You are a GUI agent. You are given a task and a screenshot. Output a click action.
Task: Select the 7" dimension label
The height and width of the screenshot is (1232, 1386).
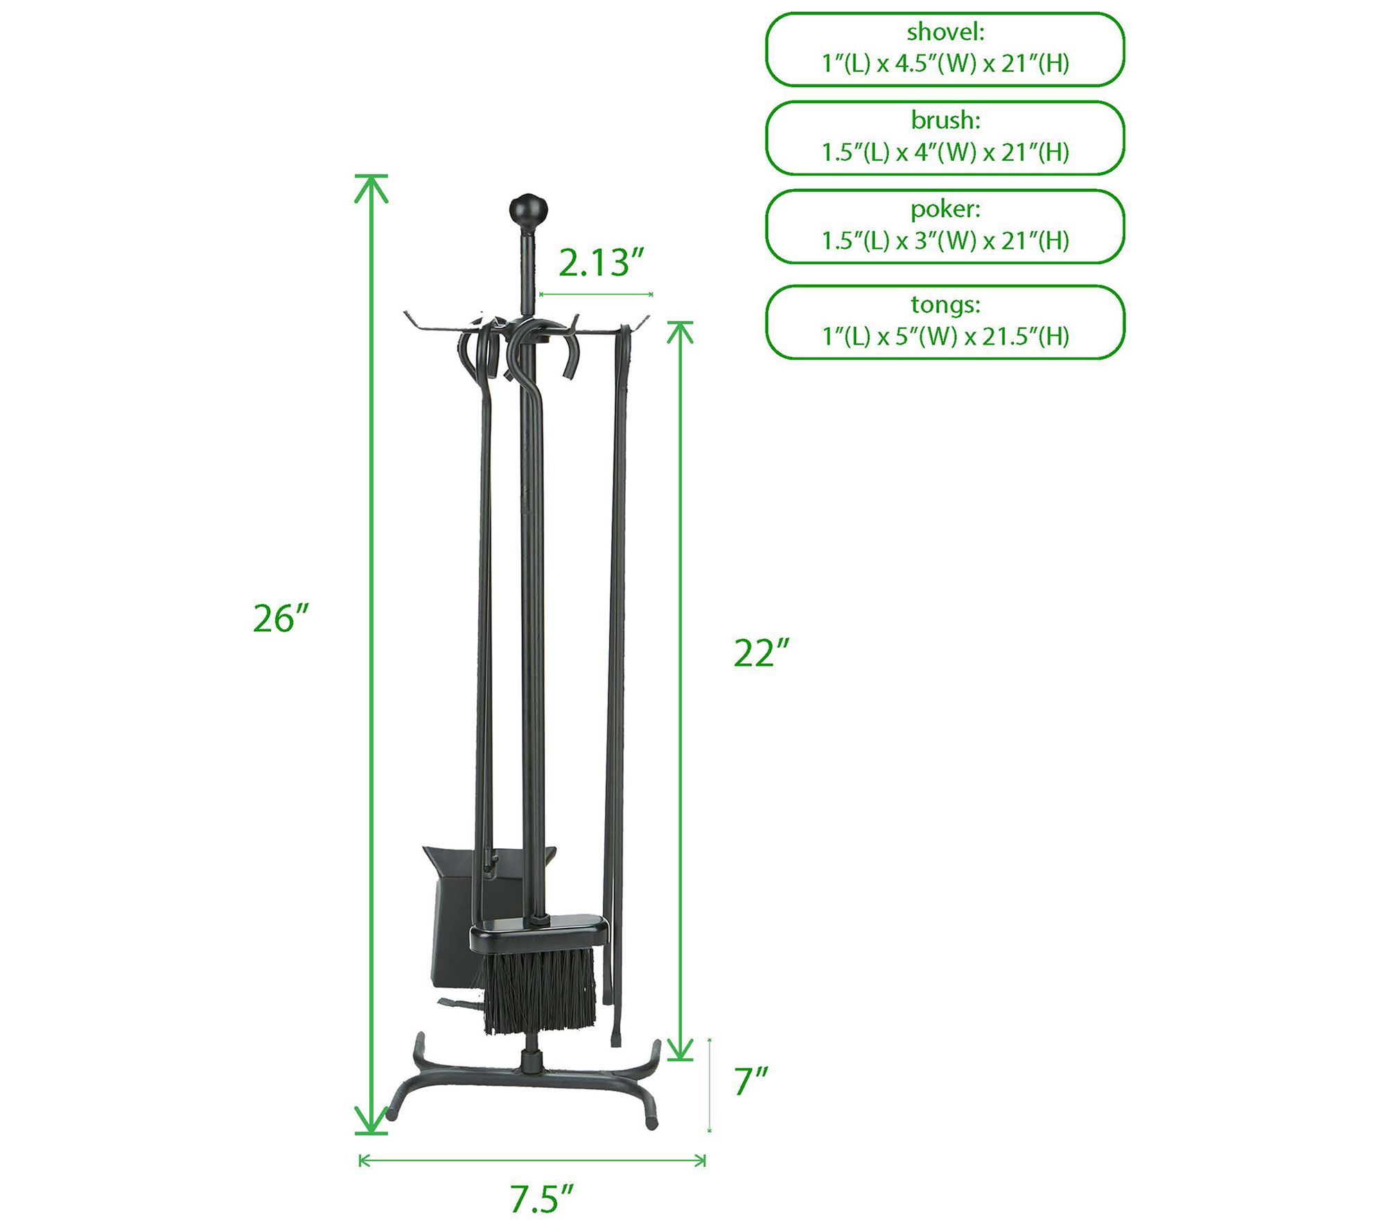click(751, 1080)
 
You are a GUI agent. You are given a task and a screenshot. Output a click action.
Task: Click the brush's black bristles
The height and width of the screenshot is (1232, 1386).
click(540, 990)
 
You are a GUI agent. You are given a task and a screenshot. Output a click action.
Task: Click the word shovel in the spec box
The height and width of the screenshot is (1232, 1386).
click(945, 32)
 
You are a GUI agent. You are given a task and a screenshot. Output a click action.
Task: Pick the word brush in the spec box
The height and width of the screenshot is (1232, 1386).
click(945, 121)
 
